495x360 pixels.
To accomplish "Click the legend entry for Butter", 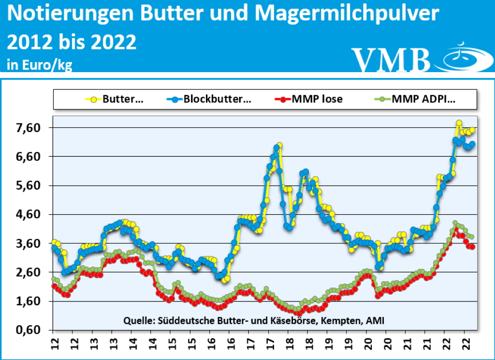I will click(116, 99).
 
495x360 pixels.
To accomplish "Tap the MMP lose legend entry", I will click(309, 99).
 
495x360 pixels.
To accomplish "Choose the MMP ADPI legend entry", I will click(416, 99).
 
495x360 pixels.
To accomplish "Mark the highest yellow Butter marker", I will click(459, 123).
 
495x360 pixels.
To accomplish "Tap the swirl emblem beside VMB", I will click(462, 57).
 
